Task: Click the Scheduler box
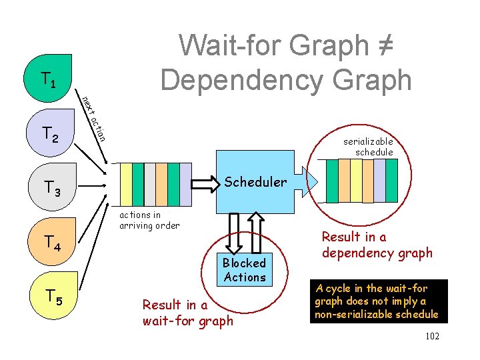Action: coord(255,182)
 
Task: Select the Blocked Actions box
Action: coord(245,270)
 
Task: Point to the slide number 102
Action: coord(432,336)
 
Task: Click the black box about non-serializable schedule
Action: coord(377,301)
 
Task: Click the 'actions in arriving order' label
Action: coord(149,220)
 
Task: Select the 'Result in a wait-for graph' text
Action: coord(188,313)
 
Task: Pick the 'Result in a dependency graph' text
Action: coord(377,245)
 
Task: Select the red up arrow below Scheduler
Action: coord(257,233)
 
